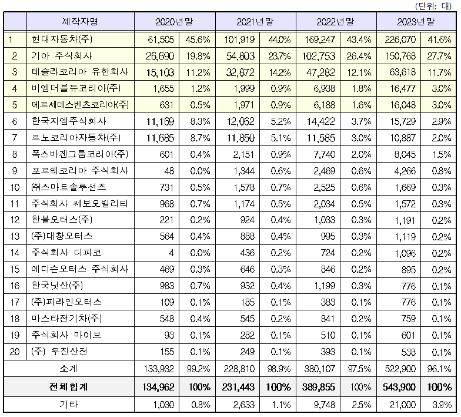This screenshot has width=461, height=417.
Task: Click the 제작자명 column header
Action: (80, 22)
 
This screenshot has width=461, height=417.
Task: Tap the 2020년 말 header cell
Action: (174, 22)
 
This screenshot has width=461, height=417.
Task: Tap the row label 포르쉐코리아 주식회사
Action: (79, 171)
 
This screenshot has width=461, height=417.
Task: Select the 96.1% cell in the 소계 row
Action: (440, 368)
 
